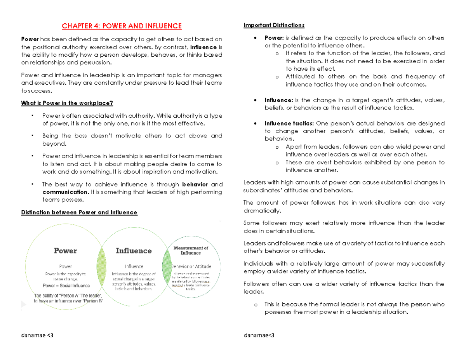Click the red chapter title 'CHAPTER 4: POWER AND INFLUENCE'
click(122, 26)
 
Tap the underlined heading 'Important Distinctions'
click(274, 26)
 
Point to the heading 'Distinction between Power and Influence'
click(79, 212)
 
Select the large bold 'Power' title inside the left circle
click(65, 251)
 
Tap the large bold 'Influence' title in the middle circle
click(134, 251)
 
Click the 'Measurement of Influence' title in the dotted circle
click(190, 250)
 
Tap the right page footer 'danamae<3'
click(259, 335)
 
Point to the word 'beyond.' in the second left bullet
click(54, 144)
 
